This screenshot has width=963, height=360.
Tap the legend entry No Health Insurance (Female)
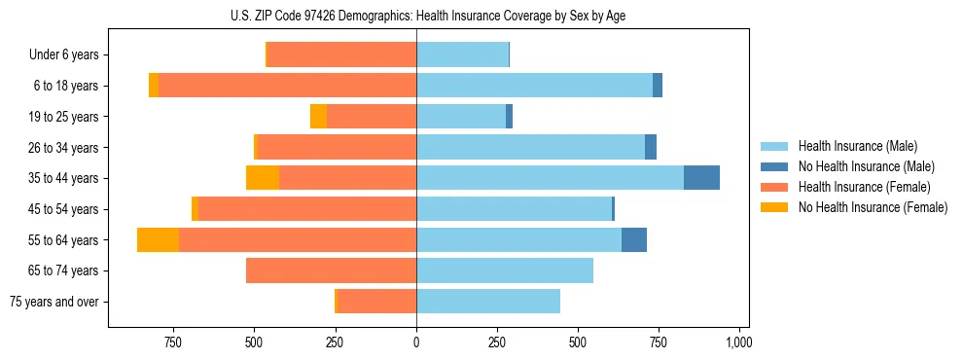click(873, 207)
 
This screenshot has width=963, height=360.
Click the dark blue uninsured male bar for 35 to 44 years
click(701, 178)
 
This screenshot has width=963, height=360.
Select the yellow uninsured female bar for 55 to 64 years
click(158, 239)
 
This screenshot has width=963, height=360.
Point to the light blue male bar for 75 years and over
click(488, 302)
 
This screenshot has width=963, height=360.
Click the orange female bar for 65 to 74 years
click(331, 270)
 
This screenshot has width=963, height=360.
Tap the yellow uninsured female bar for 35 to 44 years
click(263, 178)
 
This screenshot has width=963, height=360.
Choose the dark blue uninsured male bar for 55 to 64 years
click(634, 239)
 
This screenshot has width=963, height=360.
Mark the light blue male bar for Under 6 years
click(462, 54)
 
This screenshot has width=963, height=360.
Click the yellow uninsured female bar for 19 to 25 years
click(318, 117)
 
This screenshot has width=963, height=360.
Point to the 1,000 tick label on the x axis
click(739, 342)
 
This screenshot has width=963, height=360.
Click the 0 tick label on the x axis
click(416, 342)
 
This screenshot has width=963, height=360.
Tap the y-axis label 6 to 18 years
click(66, 86)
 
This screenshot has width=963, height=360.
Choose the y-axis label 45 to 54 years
click(63, 209)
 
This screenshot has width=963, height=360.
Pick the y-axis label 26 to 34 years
click(63, 148)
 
